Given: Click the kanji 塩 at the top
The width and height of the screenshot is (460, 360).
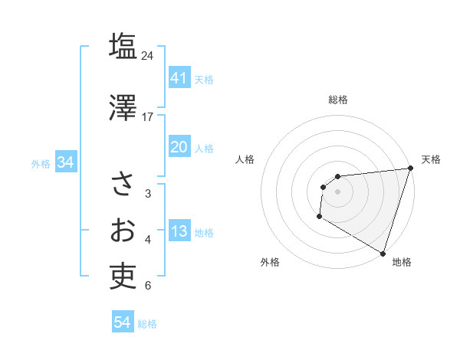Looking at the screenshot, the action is [x=123, y=47].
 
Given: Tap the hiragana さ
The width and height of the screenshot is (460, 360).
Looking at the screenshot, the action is [x=123, y=184].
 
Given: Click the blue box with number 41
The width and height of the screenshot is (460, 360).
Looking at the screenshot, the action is [x=179, y=78].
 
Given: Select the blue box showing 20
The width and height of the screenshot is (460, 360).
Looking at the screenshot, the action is [x=179, y=147].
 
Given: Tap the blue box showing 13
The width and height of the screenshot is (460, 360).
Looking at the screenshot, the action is [x=179, y=232].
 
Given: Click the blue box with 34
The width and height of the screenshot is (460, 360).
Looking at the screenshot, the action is [x=65, y=162].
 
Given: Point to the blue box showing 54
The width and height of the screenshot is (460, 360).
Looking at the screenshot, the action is [x=123, y=322].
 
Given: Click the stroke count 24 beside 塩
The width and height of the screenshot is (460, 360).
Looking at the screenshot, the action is [x=148, y=56].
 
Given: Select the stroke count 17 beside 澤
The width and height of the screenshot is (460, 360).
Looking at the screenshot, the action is [x=148, y=116].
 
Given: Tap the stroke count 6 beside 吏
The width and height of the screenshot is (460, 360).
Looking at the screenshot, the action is [x=148, y=286].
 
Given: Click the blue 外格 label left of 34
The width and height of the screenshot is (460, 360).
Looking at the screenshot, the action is [x=41, y=163].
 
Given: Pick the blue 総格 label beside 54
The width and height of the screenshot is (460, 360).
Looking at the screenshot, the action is [x=147, y=324].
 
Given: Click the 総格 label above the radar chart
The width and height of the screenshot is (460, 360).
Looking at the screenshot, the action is [x=338, y=100].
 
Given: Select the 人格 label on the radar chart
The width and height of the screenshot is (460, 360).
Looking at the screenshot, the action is [x=245, y=159].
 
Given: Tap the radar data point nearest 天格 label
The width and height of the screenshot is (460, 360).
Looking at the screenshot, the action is [x=411, y=169].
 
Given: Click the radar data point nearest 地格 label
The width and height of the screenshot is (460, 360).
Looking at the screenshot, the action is [x=383, y=252].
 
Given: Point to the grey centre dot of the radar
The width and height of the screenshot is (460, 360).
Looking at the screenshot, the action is [x=337, y=191].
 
